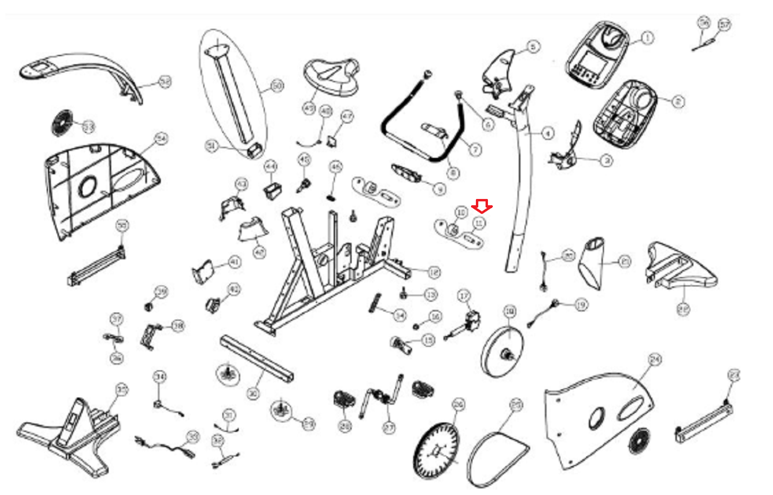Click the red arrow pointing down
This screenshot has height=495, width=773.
point(482,206)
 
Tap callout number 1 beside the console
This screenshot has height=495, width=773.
point(647,38)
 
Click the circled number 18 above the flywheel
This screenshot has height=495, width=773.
point(510,311)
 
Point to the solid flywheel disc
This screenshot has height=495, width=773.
point(502,352)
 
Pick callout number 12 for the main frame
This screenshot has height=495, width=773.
point(434,272)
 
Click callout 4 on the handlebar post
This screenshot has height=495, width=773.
point(547,132)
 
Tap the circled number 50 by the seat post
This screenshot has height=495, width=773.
point(277,86)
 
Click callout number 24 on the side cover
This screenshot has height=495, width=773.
point(655,360)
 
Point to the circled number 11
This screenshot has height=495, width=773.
point(479,223)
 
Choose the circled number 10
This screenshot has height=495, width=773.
point(462,212)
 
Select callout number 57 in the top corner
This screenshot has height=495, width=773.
point(724,25)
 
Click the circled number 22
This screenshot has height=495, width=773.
point(683,309)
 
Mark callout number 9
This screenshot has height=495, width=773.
point(440,189)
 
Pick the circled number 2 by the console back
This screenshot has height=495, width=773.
point(678,101)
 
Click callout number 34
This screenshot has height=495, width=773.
point(160,377)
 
